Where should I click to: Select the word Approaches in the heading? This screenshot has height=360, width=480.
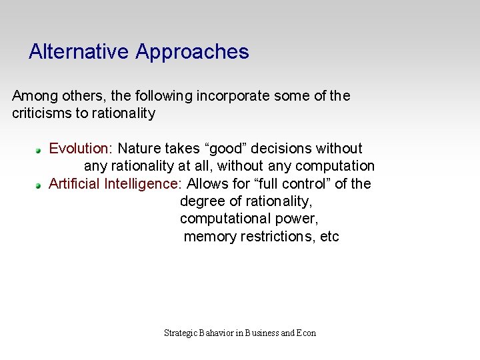coord(192,52)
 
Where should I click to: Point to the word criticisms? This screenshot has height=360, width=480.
coord(41,113)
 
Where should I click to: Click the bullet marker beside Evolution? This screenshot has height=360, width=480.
coord(39,149)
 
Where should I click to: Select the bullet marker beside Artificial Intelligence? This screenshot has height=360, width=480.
coord(39,185)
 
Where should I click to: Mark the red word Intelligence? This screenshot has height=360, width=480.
coord(143,184)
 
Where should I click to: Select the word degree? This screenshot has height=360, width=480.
coord(202,202)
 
